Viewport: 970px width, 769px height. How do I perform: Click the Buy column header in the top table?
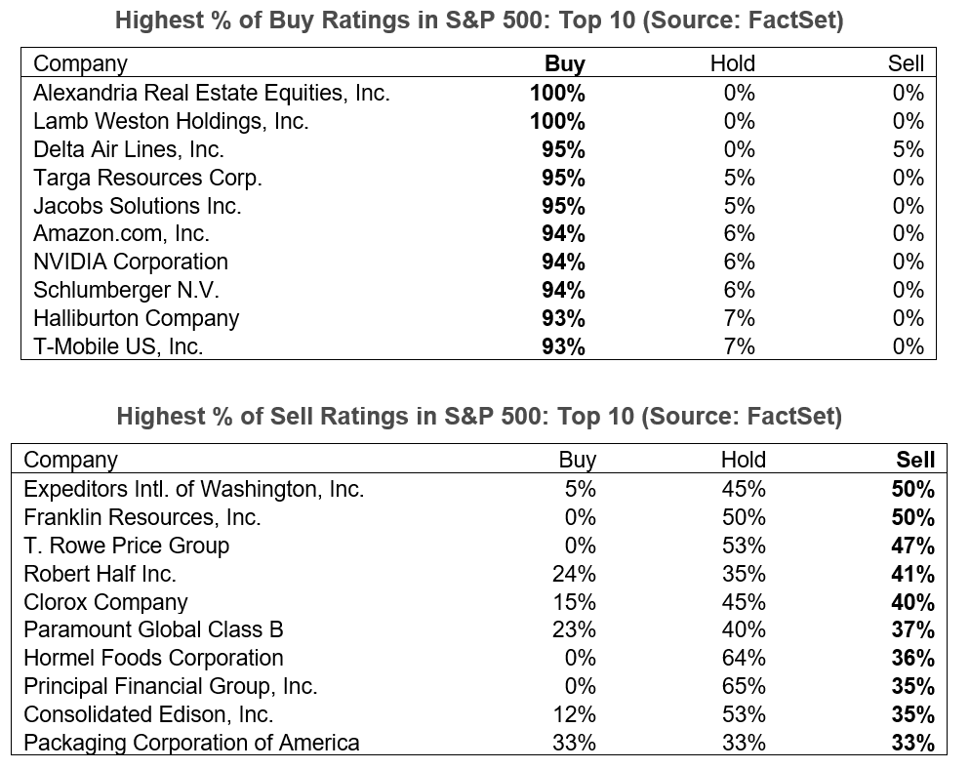[564, 64]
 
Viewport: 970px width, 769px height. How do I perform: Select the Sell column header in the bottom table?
[914, 460]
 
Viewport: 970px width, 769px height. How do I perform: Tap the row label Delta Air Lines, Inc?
[129, 150]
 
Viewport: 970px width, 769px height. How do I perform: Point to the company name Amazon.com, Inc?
[121, 234]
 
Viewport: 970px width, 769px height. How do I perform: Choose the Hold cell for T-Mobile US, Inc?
[739, 347]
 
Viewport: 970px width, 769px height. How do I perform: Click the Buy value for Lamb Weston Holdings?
[557, 122]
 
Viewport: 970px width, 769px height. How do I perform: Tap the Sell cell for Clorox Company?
[912, 602]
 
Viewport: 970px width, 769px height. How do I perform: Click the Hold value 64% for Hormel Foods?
[744, 659]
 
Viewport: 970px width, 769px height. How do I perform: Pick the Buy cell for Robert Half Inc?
[574, 574]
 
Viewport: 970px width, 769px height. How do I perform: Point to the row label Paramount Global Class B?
[153, 630]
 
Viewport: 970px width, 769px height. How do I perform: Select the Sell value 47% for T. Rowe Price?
[912, 546]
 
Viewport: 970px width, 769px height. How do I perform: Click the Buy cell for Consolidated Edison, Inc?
[574, 714]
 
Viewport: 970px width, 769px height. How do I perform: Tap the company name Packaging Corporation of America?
[191, 743]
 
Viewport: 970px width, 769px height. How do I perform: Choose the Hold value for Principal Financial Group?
[744, 686]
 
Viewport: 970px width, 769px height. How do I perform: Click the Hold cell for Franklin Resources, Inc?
[744, 517]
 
